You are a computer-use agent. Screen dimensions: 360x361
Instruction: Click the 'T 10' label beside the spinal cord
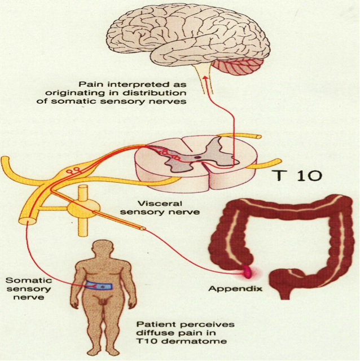point(300,175)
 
